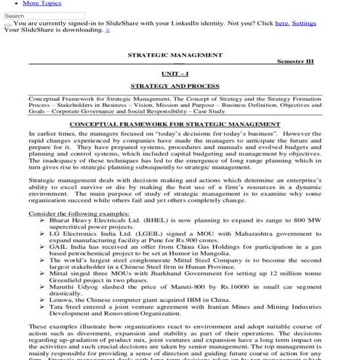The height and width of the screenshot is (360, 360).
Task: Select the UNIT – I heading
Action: [175, 73]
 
